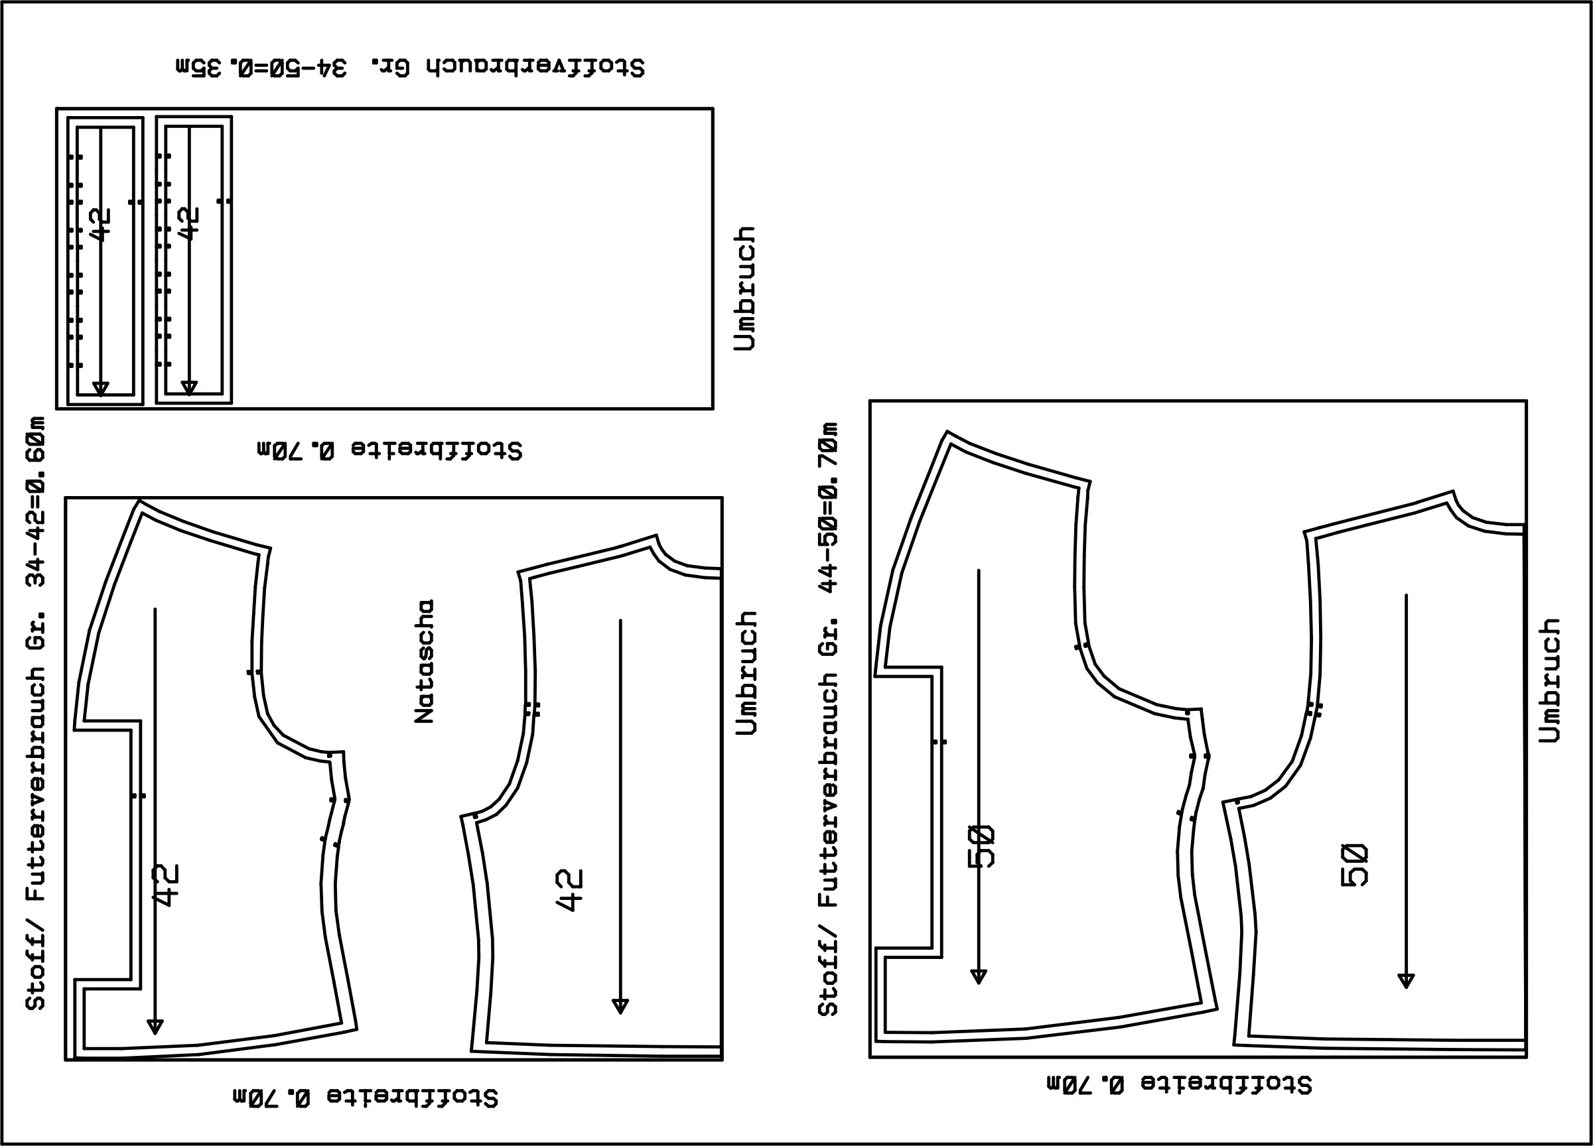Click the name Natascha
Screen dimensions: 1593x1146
(424, 661)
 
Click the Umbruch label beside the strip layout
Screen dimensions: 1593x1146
(744, 288)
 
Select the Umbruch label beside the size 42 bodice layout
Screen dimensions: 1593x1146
(746, 672)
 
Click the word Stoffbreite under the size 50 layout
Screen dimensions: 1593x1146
(1225, 1084)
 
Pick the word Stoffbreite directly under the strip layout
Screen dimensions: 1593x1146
(436, 450)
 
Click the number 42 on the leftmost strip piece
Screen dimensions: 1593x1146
(101, 224)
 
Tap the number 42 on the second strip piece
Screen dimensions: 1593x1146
(190, 223)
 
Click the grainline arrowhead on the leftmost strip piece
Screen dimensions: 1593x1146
(101, 389)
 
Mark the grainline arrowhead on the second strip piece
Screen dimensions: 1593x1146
(189, 389)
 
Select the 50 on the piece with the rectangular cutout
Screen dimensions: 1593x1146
(982, 846)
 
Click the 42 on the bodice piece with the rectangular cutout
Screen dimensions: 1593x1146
(167, 885)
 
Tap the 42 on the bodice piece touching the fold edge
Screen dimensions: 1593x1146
(570, 891)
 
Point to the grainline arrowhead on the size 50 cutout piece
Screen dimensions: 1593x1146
(979, 977)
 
